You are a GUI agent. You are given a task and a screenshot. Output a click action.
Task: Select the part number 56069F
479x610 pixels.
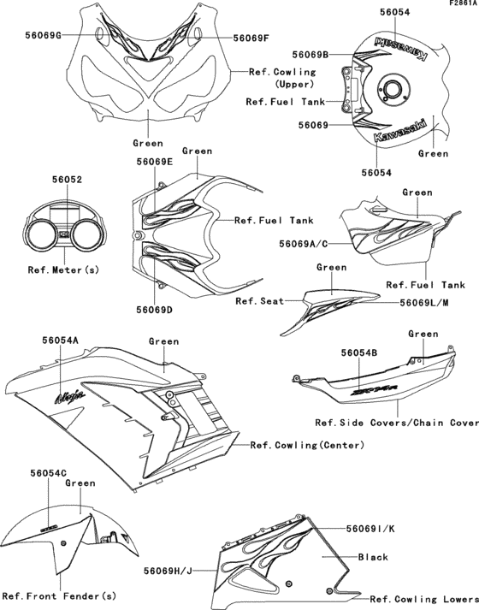tap(252, 38)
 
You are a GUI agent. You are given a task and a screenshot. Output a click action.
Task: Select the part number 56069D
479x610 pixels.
tap(154, 309)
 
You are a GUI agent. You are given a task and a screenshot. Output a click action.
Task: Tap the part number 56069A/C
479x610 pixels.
tap(304, 244)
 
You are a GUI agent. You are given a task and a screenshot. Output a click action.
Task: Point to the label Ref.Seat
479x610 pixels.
tap(258, 301)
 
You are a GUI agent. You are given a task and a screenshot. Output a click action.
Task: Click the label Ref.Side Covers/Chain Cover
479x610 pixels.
tap(396, 422)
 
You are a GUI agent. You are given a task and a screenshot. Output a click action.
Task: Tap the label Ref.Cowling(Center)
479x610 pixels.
tap(307, 445)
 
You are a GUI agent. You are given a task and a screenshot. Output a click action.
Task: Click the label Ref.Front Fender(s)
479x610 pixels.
tap(59, 595)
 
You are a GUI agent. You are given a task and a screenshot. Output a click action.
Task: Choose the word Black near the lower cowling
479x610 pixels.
tap(374, 557)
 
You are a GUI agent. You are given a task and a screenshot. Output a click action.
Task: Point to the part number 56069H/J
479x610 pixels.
tap(169, 568)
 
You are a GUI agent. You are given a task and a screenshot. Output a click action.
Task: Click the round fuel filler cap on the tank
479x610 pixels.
tap(394, 88)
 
